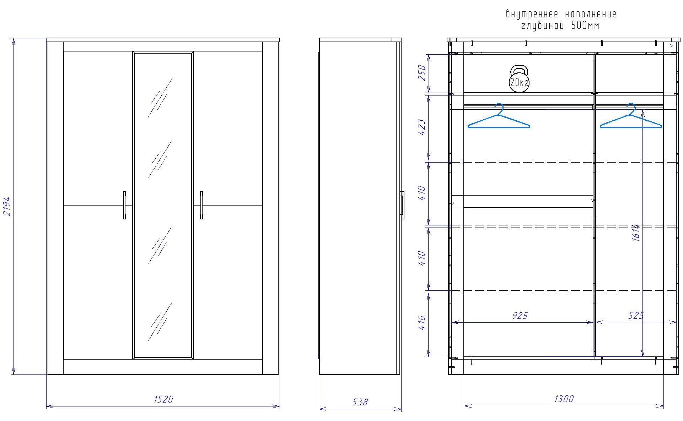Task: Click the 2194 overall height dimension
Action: [x=7, y=206]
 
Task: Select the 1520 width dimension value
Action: [x=163, y=399]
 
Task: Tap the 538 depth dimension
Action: [x=360, y=402]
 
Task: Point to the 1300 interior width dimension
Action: [x=564, y=399]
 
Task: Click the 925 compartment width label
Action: [x=520, y=316]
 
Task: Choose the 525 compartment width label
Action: [x=636, y=316]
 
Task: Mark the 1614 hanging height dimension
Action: [x=636, y=233]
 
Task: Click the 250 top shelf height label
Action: [x=422, y=73]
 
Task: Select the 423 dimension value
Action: [x=422, y=127]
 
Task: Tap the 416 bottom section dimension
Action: [x=422, y=323]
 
